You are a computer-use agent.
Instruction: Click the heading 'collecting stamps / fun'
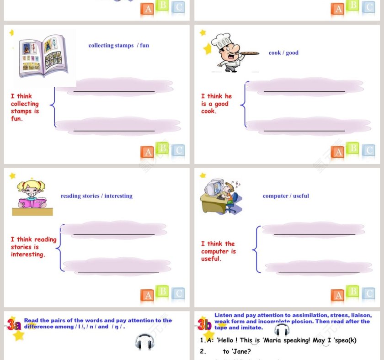[118, 45]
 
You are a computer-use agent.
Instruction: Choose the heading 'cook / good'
[283, 53]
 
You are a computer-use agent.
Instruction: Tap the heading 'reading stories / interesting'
[96, 196]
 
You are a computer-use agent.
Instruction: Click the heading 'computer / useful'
[286, 196]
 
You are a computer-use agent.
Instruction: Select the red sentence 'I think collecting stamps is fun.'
[25, 107]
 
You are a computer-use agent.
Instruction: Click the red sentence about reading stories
[33, 247]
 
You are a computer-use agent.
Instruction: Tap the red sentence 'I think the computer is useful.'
[218, 251]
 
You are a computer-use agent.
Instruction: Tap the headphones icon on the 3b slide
[282, 330]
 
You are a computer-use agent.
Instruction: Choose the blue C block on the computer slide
[369, 294]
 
